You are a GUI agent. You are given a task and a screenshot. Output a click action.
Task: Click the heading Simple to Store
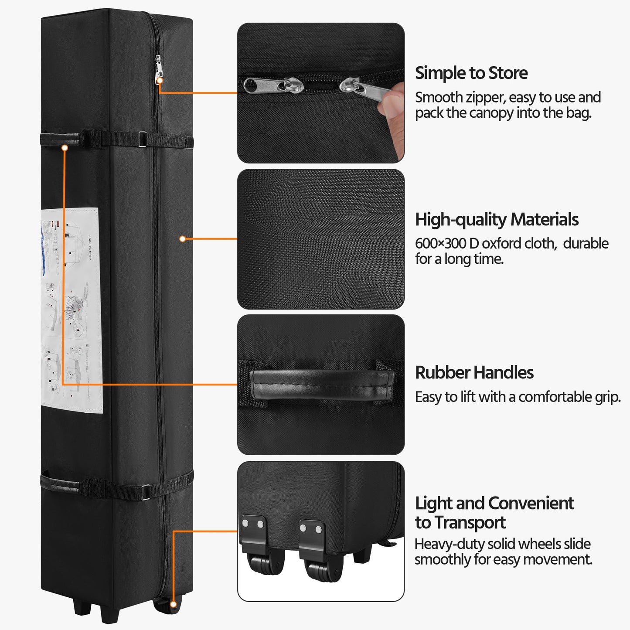(471, 73)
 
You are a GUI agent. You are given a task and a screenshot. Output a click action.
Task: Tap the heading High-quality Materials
(496, 220)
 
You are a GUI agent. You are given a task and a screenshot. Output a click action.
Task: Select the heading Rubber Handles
(474, 373)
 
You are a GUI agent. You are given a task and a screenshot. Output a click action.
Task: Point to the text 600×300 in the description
(440, 243)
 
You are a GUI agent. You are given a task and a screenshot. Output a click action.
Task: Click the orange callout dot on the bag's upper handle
(65, 148)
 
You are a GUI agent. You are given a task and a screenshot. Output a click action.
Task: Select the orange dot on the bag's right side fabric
(183, 238)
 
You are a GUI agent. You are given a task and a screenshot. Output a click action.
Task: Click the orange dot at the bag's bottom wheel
(173, 604)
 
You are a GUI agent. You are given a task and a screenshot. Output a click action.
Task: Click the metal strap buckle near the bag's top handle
(142, 140)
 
